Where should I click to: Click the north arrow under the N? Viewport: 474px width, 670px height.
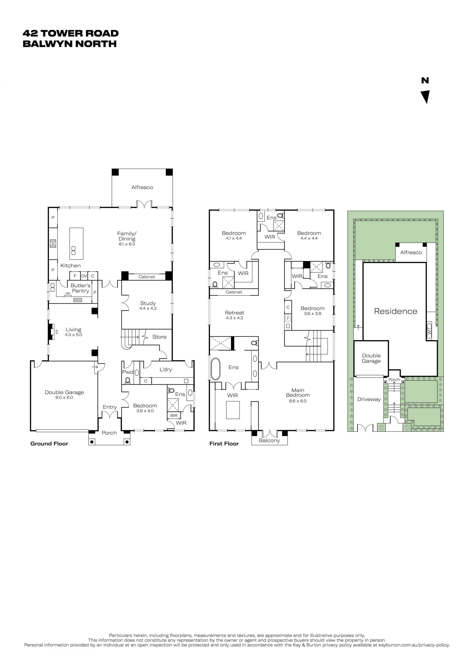426,96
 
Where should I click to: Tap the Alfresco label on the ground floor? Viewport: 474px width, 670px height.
142,187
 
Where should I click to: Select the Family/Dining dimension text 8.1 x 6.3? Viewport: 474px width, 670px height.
127,244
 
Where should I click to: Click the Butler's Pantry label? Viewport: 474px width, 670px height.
80,288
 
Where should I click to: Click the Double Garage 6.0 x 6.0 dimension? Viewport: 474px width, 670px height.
64,398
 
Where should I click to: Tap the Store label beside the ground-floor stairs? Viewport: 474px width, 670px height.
159,337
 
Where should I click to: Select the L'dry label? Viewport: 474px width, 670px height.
166,369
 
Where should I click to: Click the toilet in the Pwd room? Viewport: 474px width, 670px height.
128,380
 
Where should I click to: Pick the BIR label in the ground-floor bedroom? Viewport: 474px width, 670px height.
174,416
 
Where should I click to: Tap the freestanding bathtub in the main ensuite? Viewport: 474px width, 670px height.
216,369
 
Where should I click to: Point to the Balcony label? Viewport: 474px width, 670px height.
269,440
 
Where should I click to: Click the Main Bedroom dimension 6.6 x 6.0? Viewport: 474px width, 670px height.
298,401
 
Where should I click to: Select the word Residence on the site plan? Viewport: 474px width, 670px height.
396,311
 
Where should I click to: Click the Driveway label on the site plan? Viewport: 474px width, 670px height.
369,400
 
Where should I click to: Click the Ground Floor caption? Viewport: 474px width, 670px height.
49,443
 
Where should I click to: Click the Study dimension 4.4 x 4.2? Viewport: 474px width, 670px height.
148,308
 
